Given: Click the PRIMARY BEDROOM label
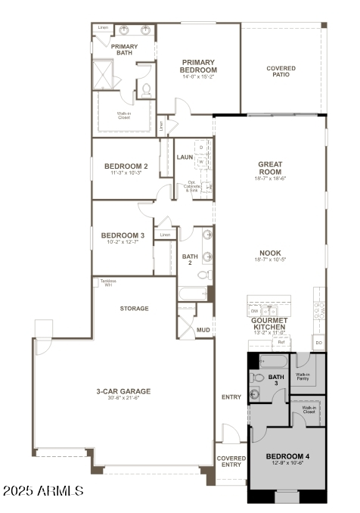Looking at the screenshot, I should (x=198, y=67).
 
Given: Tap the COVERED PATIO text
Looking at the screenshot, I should (x=281, y=71).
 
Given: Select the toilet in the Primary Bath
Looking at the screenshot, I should (x=147, y=89).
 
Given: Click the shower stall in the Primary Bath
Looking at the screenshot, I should (x=102, y=73).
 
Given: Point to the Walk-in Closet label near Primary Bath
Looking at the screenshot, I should (x=124, y=117).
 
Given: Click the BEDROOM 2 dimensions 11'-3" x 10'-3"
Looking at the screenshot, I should (x=125, y=173).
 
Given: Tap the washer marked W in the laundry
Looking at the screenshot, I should (x=201, y=161).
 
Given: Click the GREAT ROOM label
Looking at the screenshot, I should (x=270, y=167).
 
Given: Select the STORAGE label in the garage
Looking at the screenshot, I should (x=134, y=309).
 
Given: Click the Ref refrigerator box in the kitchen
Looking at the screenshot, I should (x=281, y=343).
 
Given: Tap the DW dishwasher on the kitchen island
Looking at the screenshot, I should (x=254, y=310).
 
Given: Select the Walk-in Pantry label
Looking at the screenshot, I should (x=303, y=376).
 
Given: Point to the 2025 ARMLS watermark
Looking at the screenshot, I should (x=43, y=492).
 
